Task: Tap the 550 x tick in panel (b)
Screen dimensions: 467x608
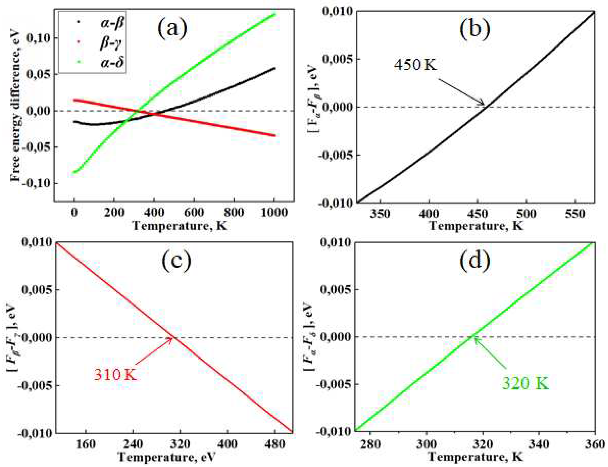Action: click(x=575, y=214)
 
